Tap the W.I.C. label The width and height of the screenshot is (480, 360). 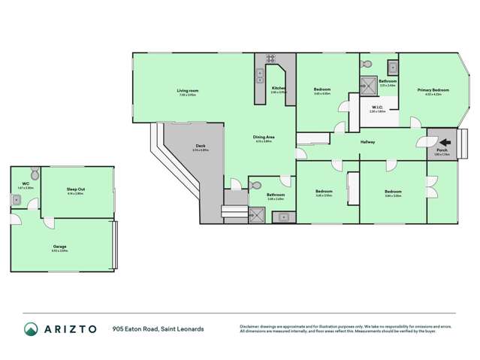[378, 108]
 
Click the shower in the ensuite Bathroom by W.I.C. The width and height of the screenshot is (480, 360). [369, 85]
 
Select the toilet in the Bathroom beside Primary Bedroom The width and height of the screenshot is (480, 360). [366, 62]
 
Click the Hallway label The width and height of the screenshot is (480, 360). [368, 141]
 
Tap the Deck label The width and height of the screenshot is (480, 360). [201, 147]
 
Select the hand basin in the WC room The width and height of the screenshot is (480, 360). [15, 199]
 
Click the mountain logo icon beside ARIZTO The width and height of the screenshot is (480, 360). [31, 329]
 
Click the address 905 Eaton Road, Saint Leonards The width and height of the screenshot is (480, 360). [158, 329]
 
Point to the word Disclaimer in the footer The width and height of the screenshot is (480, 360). [250, 325]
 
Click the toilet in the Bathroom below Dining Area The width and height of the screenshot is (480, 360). [236, 183]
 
